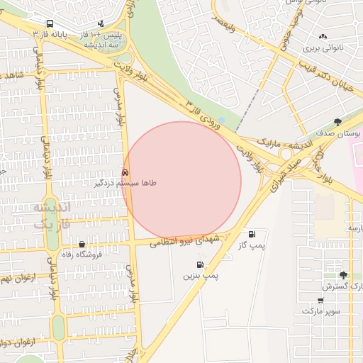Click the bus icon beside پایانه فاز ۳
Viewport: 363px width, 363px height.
pyautogui.click(x=49, y=23)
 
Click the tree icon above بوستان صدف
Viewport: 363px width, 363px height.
pyautogui.click(x=337, y=122)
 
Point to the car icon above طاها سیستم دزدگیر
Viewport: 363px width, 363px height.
pyautogui.click(x=125, y=172)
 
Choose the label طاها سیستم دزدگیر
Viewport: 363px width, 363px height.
pyautogui.click(x=125, y=183)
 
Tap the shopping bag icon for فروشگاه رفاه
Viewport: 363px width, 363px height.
pyautogui.click(x=82, y=244)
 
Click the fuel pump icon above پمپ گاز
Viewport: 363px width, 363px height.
pyautogui.click(x=252, y=234)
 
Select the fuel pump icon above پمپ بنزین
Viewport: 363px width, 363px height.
pyautogui.click(x=200, y=265)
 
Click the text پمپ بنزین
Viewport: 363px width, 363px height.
pyautogui.click(x=200, y=275)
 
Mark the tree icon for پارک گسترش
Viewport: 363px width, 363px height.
pyautogui.click(x=344, y=275)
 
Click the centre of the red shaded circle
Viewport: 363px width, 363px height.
pyautogui.click(x=181, y=181)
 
